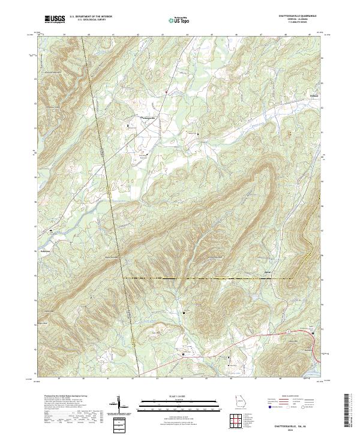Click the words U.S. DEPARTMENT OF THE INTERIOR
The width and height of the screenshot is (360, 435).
(91, 16)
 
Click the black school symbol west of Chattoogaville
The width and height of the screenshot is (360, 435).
(127, 125)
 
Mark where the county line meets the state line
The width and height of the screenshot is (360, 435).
(124, 278)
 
